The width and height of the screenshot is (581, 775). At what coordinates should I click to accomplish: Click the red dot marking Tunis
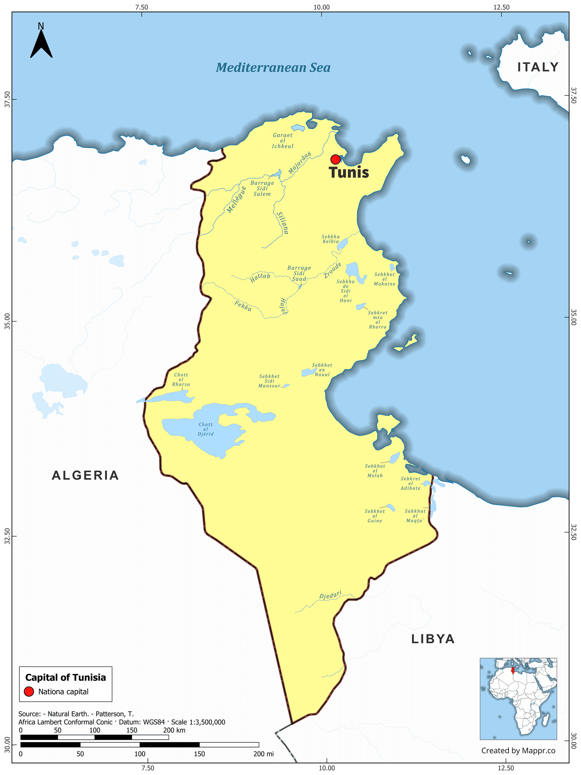click(335, 159)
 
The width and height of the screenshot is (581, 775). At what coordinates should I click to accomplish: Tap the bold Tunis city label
click(349, 173)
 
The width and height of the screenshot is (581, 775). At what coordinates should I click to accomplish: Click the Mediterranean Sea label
click(273, 68)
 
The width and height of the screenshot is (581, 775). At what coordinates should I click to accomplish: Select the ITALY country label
click(538, 67)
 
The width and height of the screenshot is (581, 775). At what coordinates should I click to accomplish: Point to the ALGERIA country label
click(86, 476)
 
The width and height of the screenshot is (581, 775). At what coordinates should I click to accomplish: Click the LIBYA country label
click(433, 639)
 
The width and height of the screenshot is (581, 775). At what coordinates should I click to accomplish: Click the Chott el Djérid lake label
click(206, 429)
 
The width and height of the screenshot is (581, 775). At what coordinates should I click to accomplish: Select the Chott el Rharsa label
click(181, 379)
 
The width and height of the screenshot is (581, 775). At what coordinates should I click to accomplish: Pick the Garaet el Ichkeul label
click(283, 140)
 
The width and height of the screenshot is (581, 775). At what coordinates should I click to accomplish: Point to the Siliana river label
click(282, 223)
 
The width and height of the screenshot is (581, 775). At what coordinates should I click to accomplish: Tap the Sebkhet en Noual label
click(322, 370)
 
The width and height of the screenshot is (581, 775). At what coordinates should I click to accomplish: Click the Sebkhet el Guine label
click(375, 516)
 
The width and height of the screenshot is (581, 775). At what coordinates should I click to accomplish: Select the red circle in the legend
click(29, 692)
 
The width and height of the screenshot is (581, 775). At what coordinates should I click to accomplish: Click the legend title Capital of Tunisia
click(65, 678)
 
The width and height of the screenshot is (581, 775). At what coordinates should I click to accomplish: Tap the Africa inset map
click(518, 699)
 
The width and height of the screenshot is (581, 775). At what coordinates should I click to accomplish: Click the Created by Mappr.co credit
click(518, 751)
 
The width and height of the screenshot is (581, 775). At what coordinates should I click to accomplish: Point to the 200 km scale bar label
click(174, 730)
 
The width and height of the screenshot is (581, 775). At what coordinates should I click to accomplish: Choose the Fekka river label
click(243, 306)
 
